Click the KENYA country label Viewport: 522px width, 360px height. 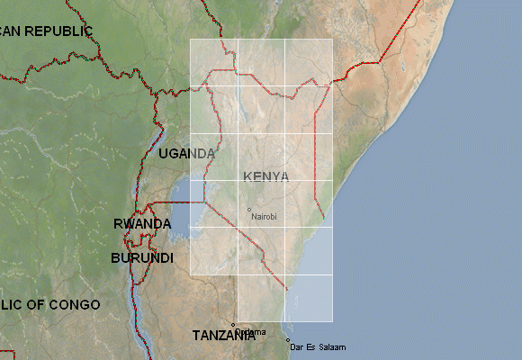266,176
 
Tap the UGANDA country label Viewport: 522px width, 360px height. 187,154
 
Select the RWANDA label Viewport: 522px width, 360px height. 142,224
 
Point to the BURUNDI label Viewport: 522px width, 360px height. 142,258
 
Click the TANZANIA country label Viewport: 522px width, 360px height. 224,336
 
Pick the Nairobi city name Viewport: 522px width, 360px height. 265,217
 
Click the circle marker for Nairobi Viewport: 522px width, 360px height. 248,210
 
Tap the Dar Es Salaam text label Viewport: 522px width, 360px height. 316,347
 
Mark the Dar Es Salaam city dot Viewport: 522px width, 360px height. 288,340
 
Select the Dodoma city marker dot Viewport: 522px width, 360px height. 233,325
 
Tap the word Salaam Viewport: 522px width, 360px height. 331,347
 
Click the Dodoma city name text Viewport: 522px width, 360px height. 252,332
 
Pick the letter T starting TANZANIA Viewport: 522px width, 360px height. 197,336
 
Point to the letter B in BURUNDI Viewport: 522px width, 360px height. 115,258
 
